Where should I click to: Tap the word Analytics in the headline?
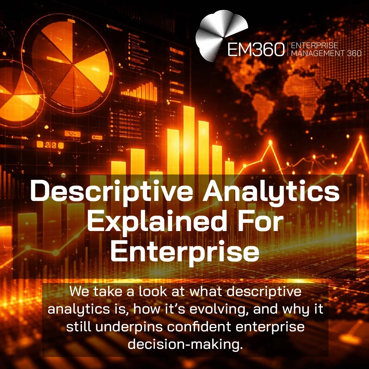[271, 192]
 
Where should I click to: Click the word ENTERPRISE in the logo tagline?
[314, 46]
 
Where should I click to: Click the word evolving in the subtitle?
[217, 309]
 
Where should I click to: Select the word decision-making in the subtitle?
[185, 344]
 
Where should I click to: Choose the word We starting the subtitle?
[78, 291]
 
